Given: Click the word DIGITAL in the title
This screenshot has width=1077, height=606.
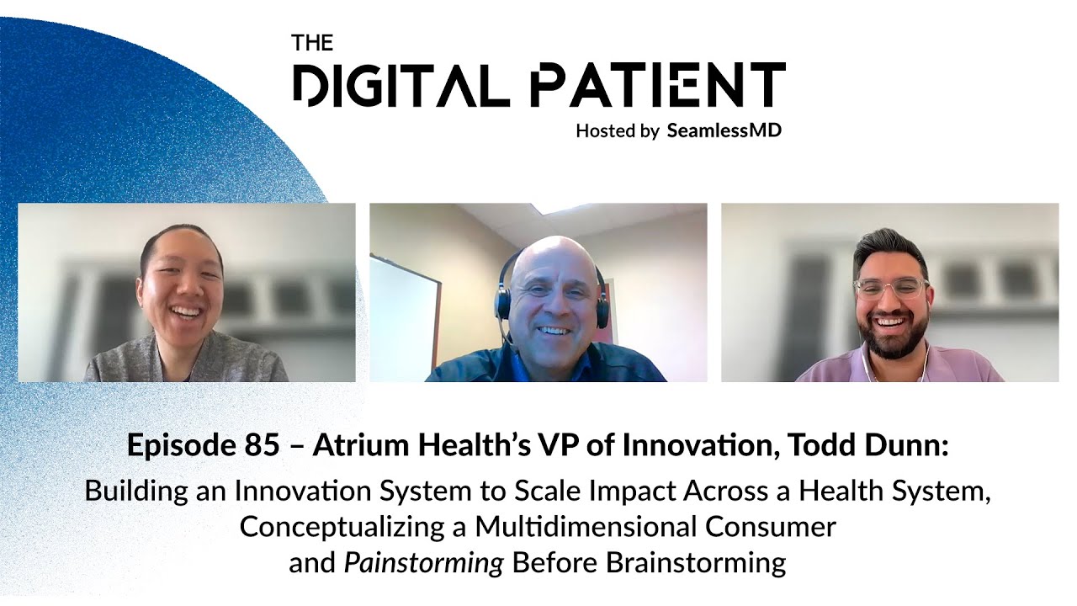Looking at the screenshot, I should pyautogui.click(x=401, y=85).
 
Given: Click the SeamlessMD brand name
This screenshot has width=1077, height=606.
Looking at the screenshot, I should pyautogui.click(x=724, y=130).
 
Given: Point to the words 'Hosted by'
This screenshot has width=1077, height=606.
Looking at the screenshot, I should pyautogui.click(x=617, y=130).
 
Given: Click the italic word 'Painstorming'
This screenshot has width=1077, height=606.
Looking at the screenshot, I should pyautogui.click(x=423, y=562).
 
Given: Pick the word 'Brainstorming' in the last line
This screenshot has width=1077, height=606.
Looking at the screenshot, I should pyautogui.click(x=703, y=562).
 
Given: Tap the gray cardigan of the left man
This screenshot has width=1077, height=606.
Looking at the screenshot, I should pyautogui.click(x=126, y=362).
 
